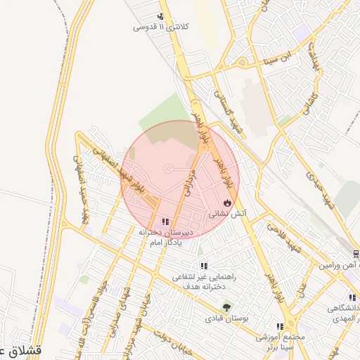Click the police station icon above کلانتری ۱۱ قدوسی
161,16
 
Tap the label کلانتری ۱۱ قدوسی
152,27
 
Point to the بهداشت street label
315,56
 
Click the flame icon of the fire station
226,202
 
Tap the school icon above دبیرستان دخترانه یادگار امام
165,221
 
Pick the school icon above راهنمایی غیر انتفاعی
203,266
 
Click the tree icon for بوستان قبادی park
226,307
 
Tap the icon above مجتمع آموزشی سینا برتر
280,326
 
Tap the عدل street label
303,289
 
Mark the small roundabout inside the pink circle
168,169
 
